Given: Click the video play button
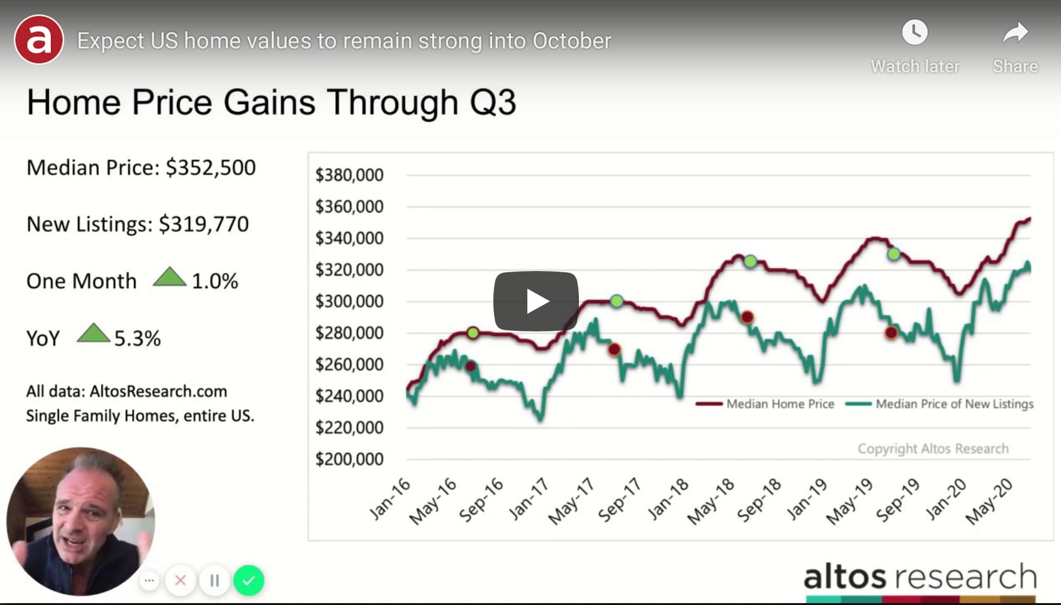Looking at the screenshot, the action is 536,301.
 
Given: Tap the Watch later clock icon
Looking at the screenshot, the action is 914,33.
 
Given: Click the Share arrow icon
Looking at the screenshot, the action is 1016,33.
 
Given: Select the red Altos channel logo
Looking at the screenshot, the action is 39,39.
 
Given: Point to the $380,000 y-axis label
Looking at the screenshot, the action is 349,175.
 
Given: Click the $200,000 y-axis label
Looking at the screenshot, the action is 349,459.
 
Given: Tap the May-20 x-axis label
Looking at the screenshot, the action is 989,501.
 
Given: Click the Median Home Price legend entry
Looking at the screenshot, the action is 765,404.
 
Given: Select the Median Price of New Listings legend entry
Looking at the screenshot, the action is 940,404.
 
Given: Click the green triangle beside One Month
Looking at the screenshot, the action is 169,277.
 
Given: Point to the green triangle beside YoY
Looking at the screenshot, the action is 93,333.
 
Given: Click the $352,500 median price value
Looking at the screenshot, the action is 211,167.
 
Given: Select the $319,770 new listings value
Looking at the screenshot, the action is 204,224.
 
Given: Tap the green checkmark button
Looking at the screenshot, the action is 249,580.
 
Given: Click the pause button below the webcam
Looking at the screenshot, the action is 215,580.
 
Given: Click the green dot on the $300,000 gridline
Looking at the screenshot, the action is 616,301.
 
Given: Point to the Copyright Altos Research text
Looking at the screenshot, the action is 933,449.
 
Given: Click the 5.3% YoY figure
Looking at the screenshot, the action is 137,338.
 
